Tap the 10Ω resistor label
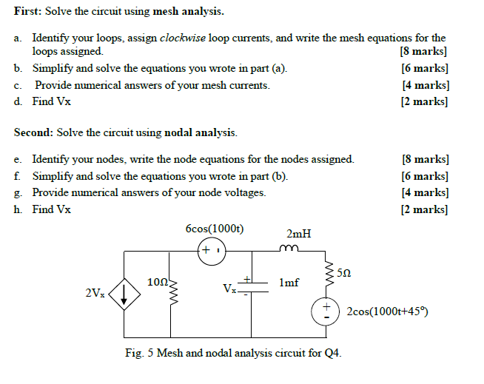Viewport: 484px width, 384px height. [x=158, y=282]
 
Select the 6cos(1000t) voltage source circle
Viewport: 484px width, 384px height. [x=209, y=252]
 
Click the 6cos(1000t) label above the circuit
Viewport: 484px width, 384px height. [x=215, y=229]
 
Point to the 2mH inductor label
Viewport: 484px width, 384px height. [x=299, y=234]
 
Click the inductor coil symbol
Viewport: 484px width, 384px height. [x=289, y=249]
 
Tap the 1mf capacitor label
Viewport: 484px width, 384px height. [x=289, y=283]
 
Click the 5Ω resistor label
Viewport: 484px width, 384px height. [x=343, y=273]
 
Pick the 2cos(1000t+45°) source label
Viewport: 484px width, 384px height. [x=387, y=311]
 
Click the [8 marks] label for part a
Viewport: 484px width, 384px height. [x=423, y=52]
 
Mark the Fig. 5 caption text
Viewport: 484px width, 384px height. [x=234, y=354]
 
